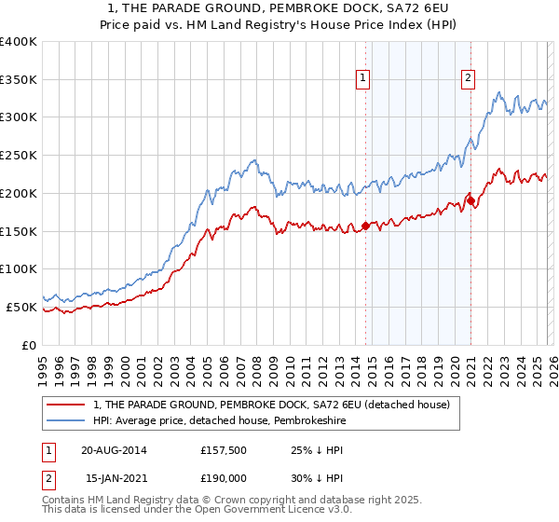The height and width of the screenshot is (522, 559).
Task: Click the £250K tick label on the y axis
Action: [x=19, y=156]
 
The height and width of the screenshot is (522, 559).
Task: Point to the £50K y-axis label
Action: [x=21, y=307]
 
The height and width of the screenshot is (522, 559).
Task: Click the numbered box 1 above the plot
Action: [x=361, y=78]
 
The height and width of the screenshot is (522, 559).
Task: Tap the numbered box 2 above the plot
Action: [x=468, y=78]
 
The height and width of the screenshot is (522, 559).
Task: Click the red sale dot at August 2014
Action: [x=365, y=226]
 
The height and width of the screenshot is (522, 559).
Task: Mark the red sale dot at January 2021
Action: [x=471, y=200]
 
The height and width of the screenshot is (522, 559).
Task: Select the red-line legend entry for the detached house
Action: [x=271, y=405]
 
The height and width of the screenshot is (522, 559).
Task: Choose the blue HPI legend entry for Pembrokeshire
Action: [x=232, y=421]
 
